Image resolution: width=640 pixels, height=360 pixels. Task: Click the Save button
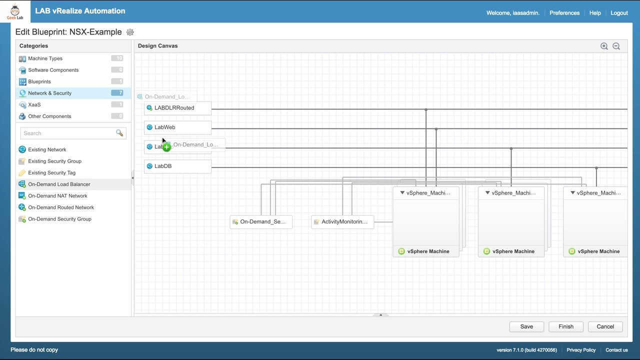[526, 326]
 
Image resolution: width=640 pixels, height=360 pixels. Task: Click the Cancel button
[605, 326]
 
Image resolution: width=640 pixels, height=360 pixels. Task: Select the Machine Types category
[45, 58]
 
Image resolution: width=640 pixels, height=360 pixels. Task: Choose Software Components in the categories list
[53, 70]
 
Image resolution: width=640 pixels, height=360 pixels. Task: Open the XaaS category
[34, 104]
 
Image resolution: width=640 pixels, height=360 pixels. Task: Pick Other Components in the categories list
[49, 116]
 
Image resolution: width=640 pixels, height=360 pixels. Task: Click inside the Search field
[67, 133]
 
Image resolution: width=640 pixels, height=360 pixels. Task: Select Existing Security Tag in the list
[51, 172]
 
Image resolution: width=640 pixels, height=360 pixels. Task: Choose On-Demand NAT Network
[57, 195]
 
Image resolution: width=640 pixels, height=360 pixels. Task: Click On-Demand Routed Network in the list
[61, 207]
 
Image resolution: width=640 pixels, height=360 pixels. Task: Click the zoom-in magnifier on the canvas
[604, 46]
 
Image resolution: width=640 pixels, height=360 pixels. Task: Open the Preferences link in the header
[564, 13]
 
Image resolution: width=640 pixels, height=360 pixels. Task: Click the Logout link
[619, 13]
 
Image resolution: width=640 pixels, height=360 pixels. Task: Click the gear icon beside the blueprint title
[130, 32]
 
